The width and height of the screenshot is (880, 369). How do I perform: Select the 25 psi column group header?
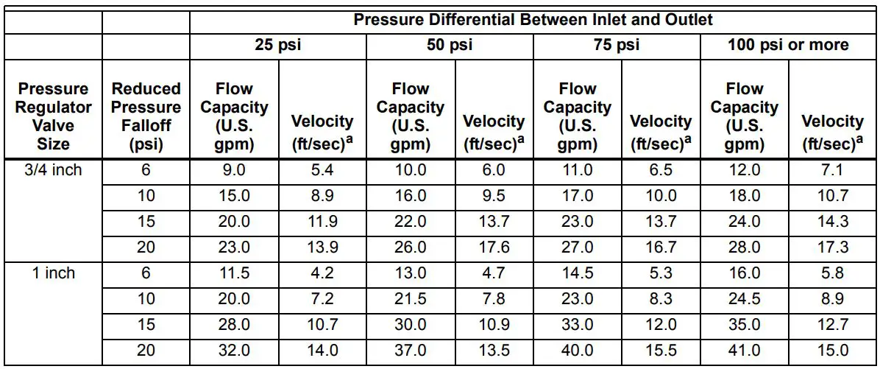(277, 46)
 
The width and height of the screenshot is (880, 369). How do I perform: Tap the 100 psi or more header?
(788, 46)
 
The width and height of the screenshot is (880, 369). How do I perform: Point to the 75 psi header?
(617, 46)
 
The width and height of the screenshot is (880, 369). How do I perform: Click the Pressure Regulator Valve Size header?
(54, 116)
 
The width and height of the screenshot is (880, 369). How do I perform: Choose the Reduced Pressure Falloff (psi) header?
(146, 116)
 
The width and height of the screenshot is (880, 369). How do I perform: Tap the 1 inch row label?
(54, 273)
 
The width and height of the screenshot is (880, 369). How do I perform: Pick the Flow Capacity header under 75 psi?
(578, 116)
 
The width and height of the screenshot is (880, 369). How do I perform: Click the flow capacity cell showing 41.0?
(744, 351)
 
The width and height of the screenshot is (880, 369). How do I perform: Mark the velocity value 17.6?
(494, 248)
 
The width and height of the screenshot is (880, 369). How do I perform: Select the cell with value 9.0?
(234, 171)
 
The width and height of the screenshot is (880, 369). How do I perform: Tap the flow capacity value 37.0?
(410, 351)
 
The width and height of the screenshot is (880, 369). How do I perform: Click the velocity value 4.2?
(322, 273)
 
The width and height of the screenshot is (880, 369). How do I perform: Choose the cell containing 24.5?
(744, 299)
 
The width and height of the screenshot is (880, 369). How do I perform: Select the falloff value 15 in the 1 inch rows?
(146, 325)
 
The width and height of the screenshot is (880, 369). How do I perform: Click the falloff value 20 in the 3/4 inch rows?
(146, 248)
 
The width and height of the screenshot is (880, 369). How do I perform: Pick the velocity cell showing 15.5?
(661, 351)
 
